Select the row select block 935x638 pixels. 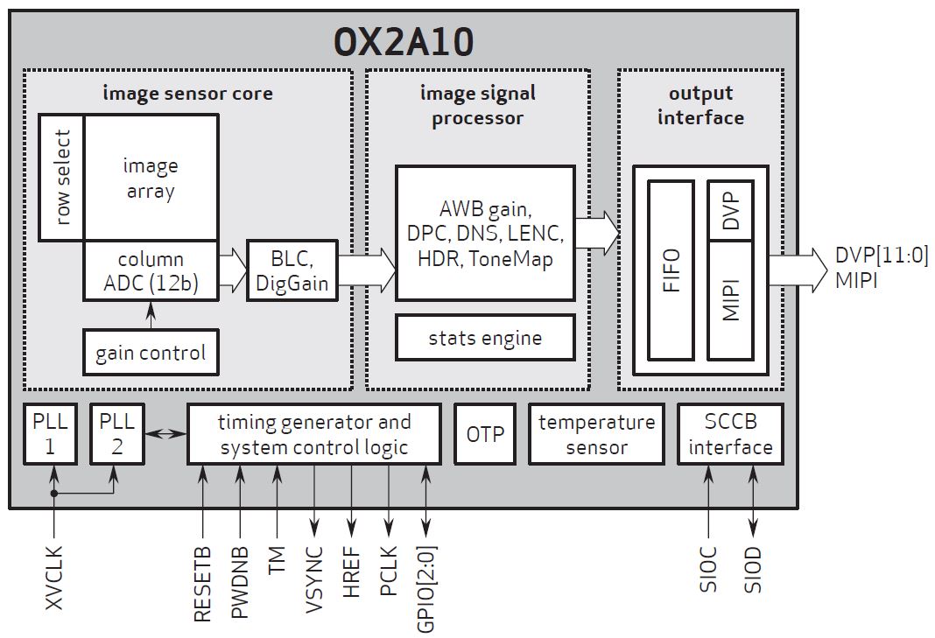point(61,178)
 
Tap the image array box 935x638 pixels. point(151,178)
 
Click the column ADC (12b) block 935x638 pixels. point(151,270)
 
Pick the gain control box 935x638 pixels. point(151,353)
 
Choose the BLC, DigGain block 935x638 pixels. point(292,270)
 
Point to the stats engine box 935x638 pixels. point(485,338)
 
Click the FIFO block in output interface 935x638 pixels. point(671,270)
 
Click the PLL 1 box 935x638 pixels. point(50,433)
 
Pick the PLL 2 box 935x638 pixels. point(116,433)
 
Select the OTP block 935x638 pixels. point(484,433)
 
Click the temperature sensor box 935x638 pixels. point(596,434)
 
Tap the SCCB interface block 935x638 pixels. point(730,434)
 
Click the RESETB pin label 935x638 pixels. point(202,584)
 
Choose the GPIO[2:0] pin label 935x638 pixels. point(426,588)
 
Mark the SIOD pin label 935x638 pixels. point(752,570)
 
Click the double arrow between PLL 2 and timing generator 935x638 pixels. point(165,432)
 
